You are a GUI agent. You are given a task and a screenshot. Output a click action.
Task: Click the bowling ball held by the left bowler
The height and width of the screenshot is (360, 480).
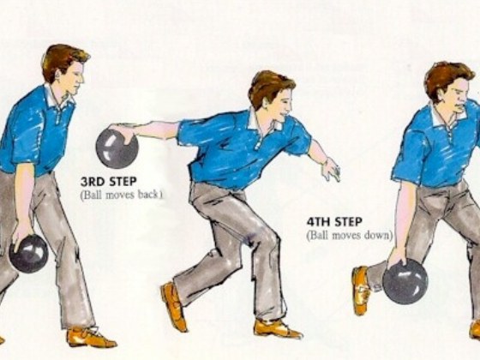click(30, 254)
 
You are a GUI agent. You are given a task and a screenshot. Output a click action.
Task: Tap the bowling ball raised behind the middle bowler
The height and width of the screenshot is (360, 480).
click(117, 147)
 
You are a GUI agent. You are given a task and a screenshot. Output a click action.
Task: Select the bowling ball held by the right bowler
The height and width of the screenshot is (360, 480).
click(405, 282)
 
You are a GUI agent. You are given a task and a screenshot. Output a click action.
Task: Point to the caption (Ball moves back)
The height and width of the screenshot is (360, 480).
click(121, 195)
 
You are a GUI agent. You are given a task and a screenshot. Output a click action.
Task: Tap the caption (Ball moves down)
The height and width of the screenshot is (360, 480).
click(349, 235)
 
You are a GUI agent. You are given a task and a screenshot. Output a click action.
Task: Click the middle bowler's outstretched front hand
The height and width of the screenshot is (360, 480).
click(330, 169)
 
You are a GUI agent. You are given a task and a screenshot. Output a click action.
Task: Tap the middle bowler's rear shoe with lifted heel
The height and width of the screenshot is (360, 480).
click(174, 306)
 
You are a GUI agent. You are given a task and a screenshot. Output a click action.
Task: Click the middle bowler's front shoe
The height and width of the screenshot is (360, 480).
click(277, 328)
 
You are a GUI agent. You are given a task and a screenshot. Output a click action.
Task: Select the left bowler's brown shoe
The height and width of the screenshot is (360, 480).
click(90, 337)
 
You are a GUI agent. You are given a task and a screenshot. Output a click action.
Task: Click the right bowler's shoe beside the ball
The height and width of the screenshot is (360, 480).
click(361, 290)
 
